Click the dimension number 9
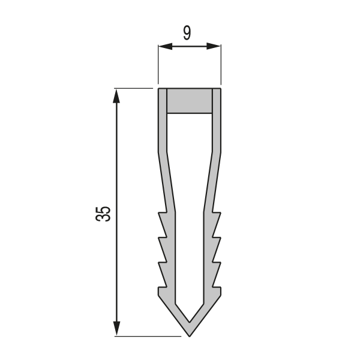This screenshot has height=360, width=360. (187, 32)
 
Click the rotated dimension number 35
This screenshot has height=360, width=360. (104, 214)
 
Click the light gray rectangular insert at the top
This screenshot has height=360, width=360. (190, 101)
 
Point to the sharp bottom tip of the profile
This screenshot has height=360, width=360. (190, 335)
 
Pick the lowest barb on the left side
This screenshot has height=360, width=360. (162, 292)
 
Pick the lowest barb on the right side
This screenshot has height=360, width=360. (217, 292)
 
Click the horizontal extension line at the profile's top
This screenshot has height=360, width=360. (135, 89)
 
